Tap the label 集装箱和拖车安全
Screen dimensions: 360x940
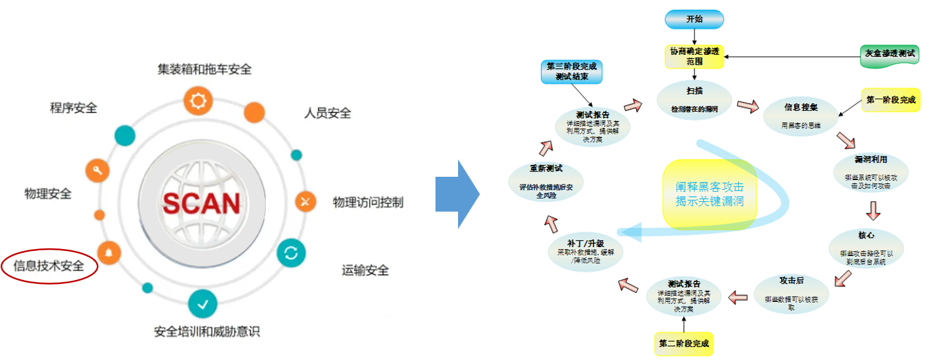point(205,68)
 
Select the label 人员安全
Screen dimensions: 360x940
point(328,113)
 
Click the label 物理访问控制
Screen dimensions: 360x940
point(368,203)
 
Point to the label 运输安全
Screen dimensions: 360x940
point(365,270)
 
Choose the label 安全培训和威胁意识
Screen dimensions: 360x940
point(206,332)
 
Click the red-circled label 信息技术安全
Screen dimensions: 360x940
point(49,265)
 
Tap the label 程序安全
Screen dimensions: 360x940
point(74,108)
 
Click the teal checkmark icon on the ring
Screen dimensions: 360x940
point(203,305)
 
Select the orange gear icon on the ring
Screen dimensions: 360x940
point(197,101)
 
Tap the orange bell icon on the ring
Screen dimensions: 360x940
point(108,252)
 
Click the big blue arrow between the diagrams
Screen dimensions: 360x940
point(457,194)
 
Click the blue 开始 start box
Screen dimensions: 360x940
point(694,19)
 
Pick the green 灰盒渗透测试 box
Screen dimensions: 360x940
point(890,54)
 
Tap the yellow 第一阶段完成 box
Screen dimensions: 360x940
point(890,101)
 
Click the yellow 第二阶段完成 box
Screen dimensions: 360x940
point(684,343)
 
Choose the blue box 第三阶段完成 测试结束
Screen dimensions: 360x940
point(572,71)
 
